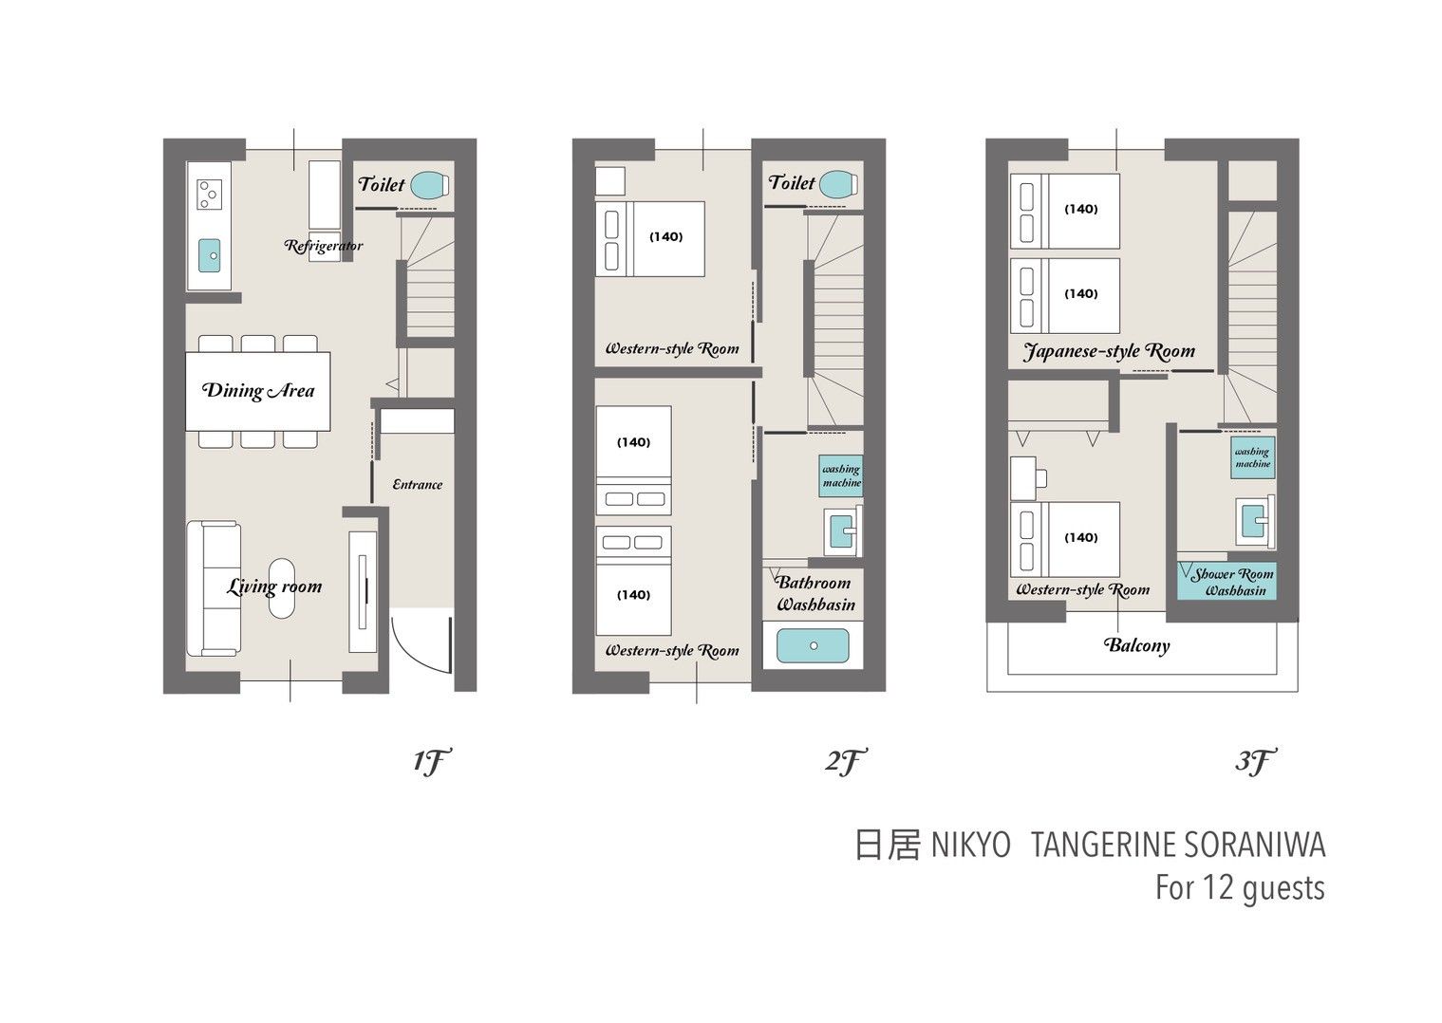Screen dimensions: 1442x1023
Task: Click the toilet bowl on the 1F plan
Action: pyautogui.click(x=430, y=185)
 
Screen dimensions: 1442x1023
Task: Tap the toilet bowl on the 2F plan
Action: pyautogui.click(x=839, y=183)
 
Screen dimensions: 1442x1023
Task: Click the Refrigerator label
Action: pyautogui.click(x=324, y=246)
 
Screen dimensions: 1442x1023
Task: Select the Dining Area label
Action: pyautogui.click(x=258, y=391)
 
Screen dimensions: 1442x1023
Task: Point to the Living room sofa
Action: pyautogui.click(x=215, y=588)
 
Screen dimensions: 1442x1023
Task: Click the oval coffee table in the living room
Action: pyautogui.click(x=281, y=588)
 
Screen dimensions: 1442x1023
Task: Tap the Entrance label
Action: pyautogui.click(x=417, y=485)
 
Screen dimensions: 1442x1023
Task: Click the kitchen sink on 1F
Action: pyautogui.click(x=209, y=255)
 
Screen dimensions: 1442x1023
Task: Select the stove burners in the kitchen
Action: pyautogui.click(x=208, y=195)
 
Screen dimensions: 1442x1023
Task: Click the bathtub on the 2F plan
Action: pyautogui.click(x=813, y=645)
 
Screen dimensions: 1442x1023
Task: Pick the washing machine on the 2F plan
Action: pyautogui.click(x=841, y=476)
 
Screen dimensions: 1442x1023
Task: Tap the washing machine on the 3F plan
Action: pyautogui.click(x=1253, y=457)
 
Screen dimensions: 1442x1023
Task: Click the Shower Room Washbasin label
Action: pyautogui.click(x=1233, y=582)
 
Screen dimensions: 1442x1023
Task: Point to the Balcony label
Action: pyautogui.click(x=1136, y=645)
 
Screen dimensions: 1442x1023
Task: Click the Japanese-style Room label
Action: pyautogui.click(x=1109, y=352)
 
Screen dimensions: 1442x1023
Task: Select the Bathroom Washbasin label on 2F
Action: pyautogui.click(x=815, y=593)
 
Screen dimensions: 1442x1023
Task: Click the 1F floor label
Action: pyautogui.click(x=431, y=762)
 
